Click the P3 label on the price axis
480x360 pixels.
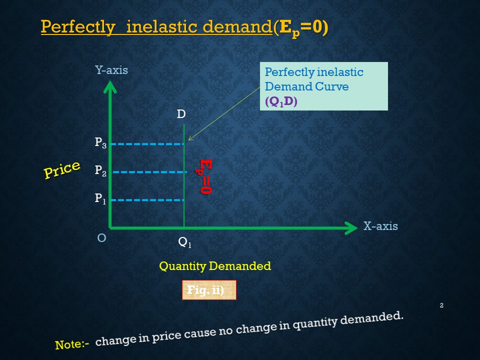pyautogui.click(x=100, y=142)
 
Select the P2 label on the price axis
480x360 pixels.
pyautogui.click(x=100, y=170)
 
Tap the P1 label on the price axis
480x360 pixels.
pyautogui.click(x=100, y=198)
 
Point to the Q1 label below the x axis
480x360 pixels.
pyautogui.click(x=184, y=242)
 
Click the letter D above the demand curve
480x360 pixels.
pyautogui.click(x=181, y=114)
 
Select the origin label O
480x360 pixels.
pyautogui.click(x=101, y=238)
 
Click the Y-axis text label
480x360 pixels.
pyautogui.click(x=111, y=70)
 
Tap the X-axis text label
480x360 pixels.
pyautogui.click(x=380, y=226)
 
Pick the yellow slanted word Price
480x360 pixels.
pyautogui.click(x=62, y=169)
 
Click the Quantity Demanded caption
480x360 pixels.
pyautogui.click(x=215, y=266)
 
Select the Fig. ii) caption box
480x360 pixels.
pyautogui.click(x=209, y=290)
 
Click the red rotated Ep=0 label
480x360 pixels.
pyautogui.click(x=204, y=176)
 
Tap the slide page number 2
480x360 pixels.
pyautogui.click(x=441, y=305)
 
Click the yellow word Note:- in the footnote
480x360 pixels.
pyautogui.click(x=72, y=344)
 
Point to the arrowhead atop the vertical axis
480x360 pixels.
pyautogui.click(x=110, y=86)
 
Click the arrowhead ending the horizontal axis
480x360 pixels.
pyautogui.click(x=351, y=228)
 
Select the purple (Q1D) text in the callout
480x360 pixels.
pyautogui.click(x=281, y=101)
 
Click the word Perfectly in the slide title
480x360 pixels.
pyautogui.click(x=78, y=27)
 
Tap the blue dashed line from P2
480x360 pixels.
pyautogui.click(x=149, y=172)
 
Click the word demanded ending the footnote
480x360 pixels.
pyautogui.click(x=371, y=318)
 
